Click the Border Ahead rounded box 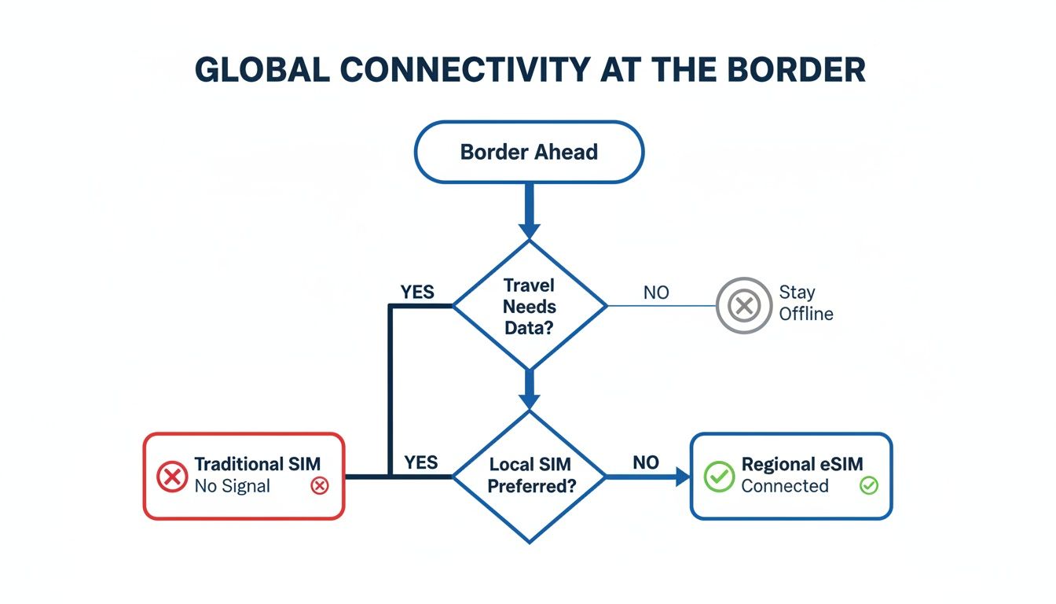(x=529, y=152)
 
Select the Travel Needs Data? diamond (x=530, y=306)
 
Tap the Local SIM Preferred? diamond (x=530, y=475)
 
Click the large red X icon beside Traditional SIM (x=172, y=476)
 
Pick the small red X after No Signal (x=319, y=486)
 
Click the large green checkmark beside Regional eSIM (x=718, y=476)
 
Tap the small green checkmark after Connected (x=868, y=486)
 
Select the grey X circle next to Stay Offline (x=743, y=305)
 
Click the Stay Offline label (x=805, y=303)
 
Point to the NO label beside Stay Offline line (x=656, y=293)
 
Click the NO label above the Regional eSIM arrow (x=646, y=462)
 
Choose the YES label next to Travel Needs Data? (x=416, y=292)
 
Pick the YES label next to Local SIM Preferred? (x=420, y=462)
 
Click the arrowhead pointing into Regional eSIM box (x=680, y=476)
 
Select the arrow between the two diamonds (x=530, y=390)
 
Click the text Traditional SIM (x=257, y=464)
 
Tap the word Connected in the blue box (x=784, y=486)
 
